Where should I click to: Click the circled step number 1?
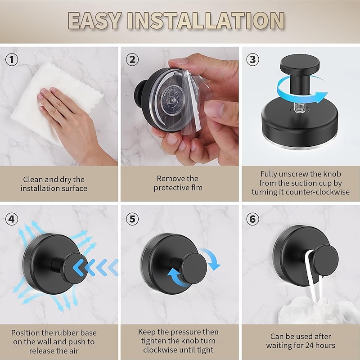point(12,59)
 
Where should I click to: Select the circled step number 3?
point(253,59)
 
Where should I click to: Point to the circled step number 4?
point(12,219)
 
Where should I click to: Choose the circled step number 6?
point(253,219)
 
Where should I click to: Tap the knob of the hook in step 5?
point(193,267)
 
